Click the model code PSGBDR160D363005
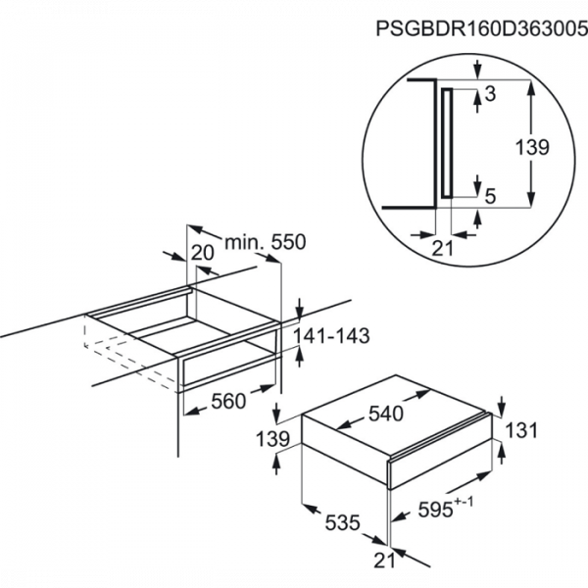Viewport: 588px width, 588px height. (x=482, y=28)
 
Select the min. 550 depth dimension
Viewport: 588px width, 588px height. (x=266, y=242)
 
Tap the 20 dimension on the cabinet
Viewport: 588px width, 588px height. (x=203, y=253)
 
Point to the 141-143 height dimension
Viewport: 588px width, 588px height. (x=331, y=335)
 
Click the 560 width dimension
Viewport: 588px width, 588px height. (x=228, y=401)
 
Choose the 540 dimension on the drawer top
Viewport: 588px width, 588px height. (x=385, y=414)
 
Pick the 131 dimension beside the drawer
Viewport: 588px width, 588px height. (x=521, y=430)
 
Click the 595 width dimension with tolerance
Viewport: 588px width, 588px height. (x=446, y=508)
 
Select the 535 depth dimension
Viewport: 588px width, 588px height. (x=342, y=522)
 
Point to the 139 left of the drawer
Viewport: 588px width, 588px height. (x=272, y=438)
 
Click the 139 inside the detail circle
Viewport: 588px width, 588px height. (x=532, y=147)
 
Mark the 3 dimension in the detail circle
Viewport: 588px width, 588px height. (x=490, y=94)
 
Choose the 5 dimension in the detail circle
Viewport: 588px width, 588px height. (x=491, y=197)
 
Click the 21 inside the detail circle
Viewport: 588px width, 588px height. (x=443, y=248)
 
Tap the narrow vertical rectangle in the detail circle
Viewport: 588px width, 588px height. (x=447, y=143)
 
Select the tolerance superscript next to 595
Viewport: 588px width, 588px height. (x=464, y=502)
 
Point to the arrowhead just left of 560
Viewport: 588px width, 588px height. (x=192, y=412)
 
